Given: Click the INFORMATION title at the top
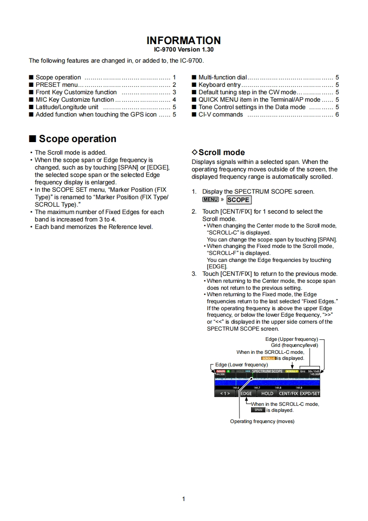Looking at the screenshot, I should pyautogui.click(x=184, y=40).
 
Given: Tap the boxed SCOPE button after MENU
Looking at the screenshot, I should pyautogui.click(x=238, y=200).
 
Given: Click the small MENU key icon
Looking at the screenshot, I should pyautogui.click(x=210, y=200).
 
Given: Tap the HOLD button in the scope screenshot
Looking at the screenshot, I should pyautogui.click(x=267, y=393).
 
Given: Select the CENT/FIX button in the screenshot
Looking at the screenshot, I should pyautogui.click(x=291, y=393).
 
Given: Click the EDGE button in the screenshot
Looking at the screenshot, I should pyautogui.click(x=246, y=393).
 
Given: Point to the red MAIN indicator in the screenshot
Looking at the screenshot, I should pyautogui.click(x=220, y=371).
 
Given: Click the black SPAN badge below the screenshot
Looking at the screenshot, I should pyautogui.click(x=258, y=410).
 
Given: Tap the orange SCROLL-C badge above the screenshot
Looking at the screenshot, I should pyautogui.click(x=269, y=358).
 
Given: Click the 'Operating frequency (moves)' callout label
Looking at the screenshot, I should pyautogui.click(x=262, y=421).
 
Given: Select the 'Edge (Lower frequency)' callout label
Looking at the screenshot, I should pyautogui.click(x=241, y=365).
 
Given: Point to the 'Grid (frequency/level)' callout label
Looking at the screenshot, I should pyautogui.click(x=295, y=345).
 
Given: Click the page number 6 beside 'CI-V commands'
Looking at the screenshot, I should pyautogui.click(x=337, y=115).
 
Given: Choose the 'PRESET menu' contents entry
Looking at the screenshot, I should pyautogui.click(x=56, y=85).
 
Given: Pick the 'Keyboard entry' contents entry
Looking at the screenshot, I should pyautogui.click(x=219, y=85).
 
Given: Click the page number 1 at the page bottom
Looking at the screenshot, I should pyautogui.click(x=184, y=499).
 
